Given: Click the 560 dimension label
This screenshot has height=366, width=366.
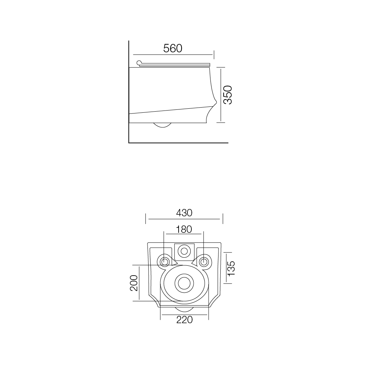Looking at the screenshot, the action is pos(173,48).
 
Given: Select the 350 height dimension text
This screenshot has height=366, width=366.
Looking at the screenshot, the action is pos(228,95).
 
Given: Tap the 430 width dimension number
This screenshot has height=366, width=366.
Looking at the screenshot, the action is pos(184,213).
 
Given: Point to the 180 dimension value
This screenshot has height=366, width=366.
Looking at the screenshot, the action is pos(184,229).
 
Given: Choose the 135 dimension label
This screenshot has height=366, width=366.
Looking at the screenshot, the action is pos(231,268).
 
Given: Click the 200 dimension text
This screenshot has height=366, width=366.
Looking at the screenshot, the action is pos(134,283).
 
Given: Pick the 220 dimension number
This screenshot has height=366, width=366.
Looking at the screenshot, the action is pos(184,320).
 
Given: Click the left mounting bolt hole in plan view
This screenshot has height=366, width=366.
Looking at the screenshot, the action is pos(165,261).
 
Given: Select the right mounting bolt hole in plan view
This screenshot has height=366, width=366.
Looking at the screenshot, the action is pos(204,261).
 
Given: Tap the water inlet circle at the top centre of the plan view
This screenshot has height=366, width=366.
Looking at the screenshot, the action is pos(184,251).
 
